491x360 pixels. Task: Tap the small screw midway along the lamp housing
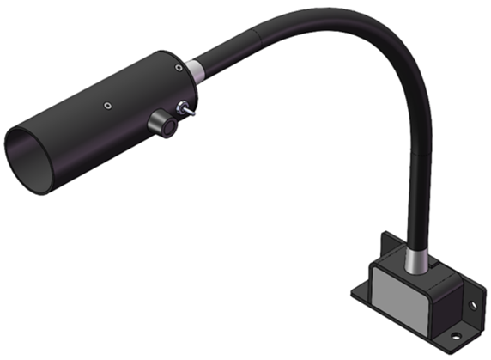coord(106,106)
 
